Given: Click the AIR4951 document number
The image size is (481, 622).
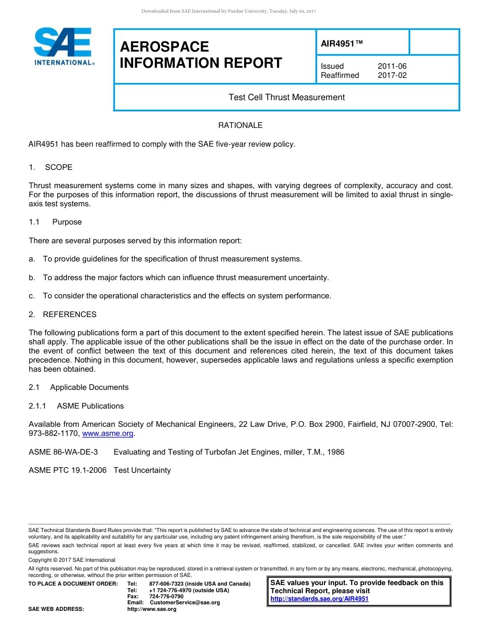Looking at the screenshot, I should click(x=342, y=43).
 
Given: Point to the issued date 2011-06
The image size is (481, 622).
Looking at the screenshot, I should click(x=392, y=66).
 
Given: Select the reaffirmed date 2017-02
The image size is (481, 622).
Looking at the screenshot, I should click(x=392, y=75).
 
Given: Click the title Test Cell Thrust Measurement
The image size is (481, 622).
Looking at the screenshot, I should click(x=287, y=97).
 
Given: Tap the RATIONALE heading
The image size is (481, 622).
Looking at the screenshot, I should click(x=240, y=125).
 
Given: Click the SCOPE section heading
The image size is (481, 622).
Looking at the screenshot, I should click(x=58, y=167).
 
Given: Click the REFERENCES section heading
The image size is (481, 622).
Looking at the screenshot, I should click(x=69, y=314).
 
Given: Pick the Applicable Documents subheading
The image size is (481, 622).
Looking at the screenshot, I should click(x=89, y=387).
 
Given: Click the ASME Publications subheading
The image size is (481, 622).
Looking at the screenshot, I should click(x=90, y=406).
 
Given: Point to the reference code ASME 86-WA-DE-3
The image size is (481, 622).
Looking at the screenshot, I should click(x=63, y=452).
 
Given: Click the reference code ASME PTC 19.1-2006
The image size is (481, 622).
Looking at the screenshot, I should click(x=68, y=470).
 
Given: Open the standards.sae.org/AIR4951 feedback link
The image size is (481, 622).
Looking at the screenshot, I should click(x=319, y=599).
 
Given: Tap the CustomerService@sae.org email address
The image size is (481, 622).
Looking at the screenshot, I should click(x=185, y=602).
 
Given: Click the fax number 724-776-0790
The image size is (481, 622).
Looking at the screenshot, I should click(x=167, y=596).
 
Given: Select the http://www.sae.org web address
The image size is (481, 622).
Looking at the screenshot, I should click(x=152, y=609).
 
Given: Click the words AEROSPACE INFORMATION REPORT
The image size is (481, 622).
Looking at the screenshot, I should click(x=201, y=55).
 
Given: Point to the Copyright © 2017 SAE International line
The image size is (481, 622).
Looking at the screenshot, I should click(x=72, y=560).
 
